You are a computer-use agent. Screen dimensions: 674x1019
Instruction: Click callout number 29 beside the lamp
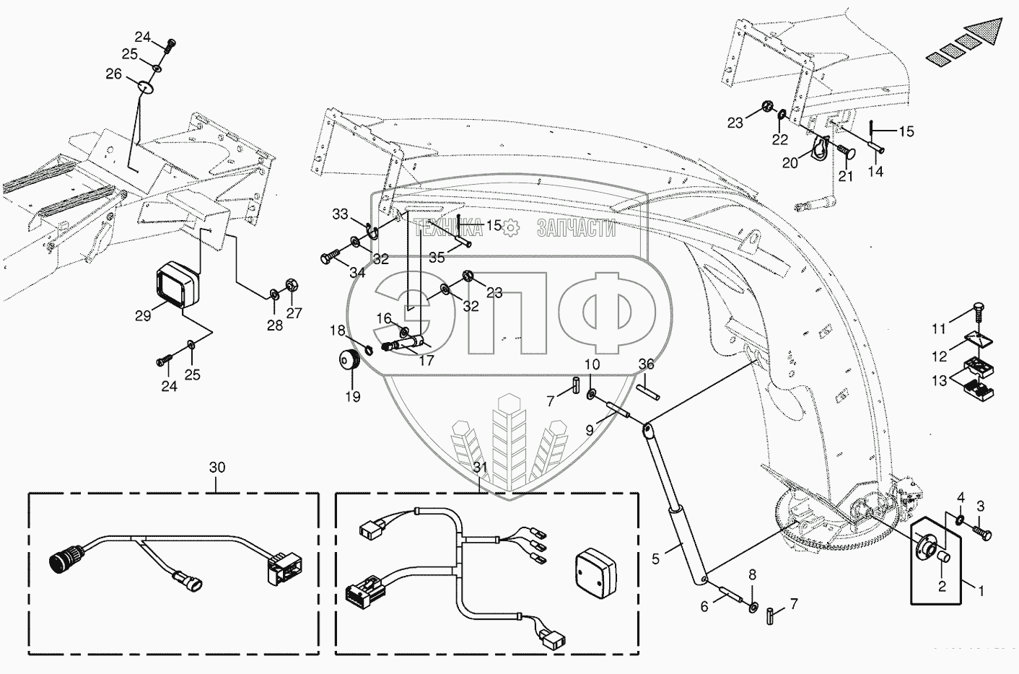143,315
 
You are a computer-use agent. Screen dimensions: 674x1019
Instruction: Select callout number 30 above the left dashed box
217,468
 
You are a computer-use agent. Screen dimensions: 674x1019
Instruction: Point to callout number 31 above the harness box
481,468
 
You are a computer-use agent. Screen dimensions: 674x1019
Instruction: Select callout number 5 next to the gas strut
656,558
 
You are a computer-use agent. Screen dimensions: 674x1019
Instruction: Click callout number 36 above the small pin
646,364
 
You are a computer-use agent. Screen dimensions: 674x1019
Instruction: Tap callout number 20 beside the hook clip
790,163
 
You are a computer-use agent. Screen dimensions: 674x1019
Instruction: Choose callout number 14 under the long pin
875,172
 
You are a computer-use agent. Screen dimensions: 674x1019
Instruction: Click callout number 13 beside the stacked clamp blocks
939,380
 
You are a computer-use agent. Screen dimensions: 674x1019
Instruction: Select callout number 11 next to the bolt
938,329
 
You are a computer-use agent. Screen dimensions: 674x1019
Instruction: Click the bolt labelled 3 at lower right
984,533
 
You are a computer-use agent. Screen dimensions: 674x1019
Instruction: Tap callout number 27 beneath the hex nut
293,313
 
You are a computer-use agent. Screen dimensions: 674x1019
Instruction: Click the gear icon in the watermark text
511,228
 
